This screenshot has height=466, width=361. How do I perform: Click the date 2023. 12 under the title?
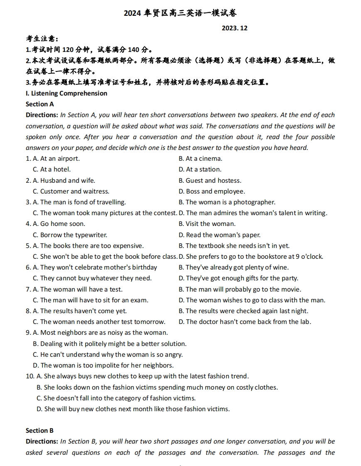click(x=234, y=28)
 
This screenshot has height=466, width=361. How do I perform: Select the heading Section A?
click(x=40, y=104)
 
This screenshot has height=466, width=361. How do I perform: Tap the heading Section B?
click(x=40, y=431)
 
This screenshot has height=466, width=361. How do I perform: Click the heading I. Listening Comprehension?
click(x=66, y=93)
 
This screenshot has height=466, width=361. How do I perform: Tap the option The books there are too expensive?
click(x=88, y=246)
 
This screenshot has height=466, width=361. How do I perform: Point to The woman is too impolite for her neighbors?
click(x=103, y=365)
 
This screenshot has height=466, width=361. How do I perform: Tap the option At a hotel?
click(x=52, y=169)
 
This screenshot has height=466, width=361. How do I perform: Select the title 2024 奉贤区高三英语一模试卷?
click(x=180, y=13)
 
